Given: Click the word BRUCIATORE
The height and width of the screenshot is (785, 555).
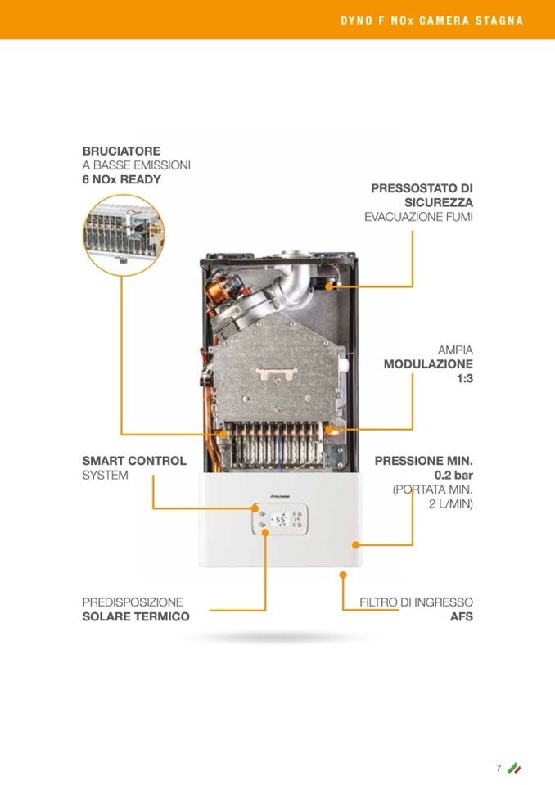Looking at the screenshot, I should click(121, 151).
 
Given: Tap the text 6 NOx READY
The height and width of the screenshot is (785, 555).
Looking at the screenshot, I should click(121, 178).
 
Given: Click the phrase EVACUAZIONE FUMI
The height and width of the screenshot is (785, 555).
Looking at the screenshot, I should click(418, 217).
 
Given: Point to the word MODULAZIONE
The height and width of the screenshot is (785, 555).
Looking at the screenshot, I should click(428, 363).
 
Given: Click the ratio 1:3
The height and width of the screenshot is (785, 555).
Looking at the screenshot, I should click(463, 378).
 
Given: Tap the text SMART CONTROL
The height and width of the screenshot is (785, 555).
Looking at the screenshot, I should click(134, 461).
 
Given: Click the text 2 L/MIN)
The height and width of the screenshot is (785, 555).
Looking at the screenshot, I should click(451, 503).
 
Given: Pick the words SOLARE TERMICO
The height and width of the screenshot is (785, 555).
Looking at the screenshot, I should click(136, 616).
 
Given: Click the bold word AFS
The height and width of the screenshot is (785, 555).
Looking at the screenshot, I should click(462, 616).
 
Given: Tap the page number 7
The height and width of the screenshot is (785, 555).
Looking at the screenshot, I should click(498, 768).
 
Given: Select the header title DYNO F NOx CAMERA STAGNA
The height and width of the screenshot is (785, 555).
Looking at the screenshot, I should click(431, 20).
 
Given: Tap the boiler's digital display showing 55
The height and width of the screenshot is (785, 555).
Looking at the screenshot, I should click(279, 519).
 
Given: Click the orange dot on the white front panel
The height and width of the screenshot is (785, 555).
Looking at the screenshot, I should click(355, 544).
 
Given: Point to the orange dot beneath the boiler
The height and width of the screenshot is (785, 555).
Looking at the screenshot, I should click(342, 575).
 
